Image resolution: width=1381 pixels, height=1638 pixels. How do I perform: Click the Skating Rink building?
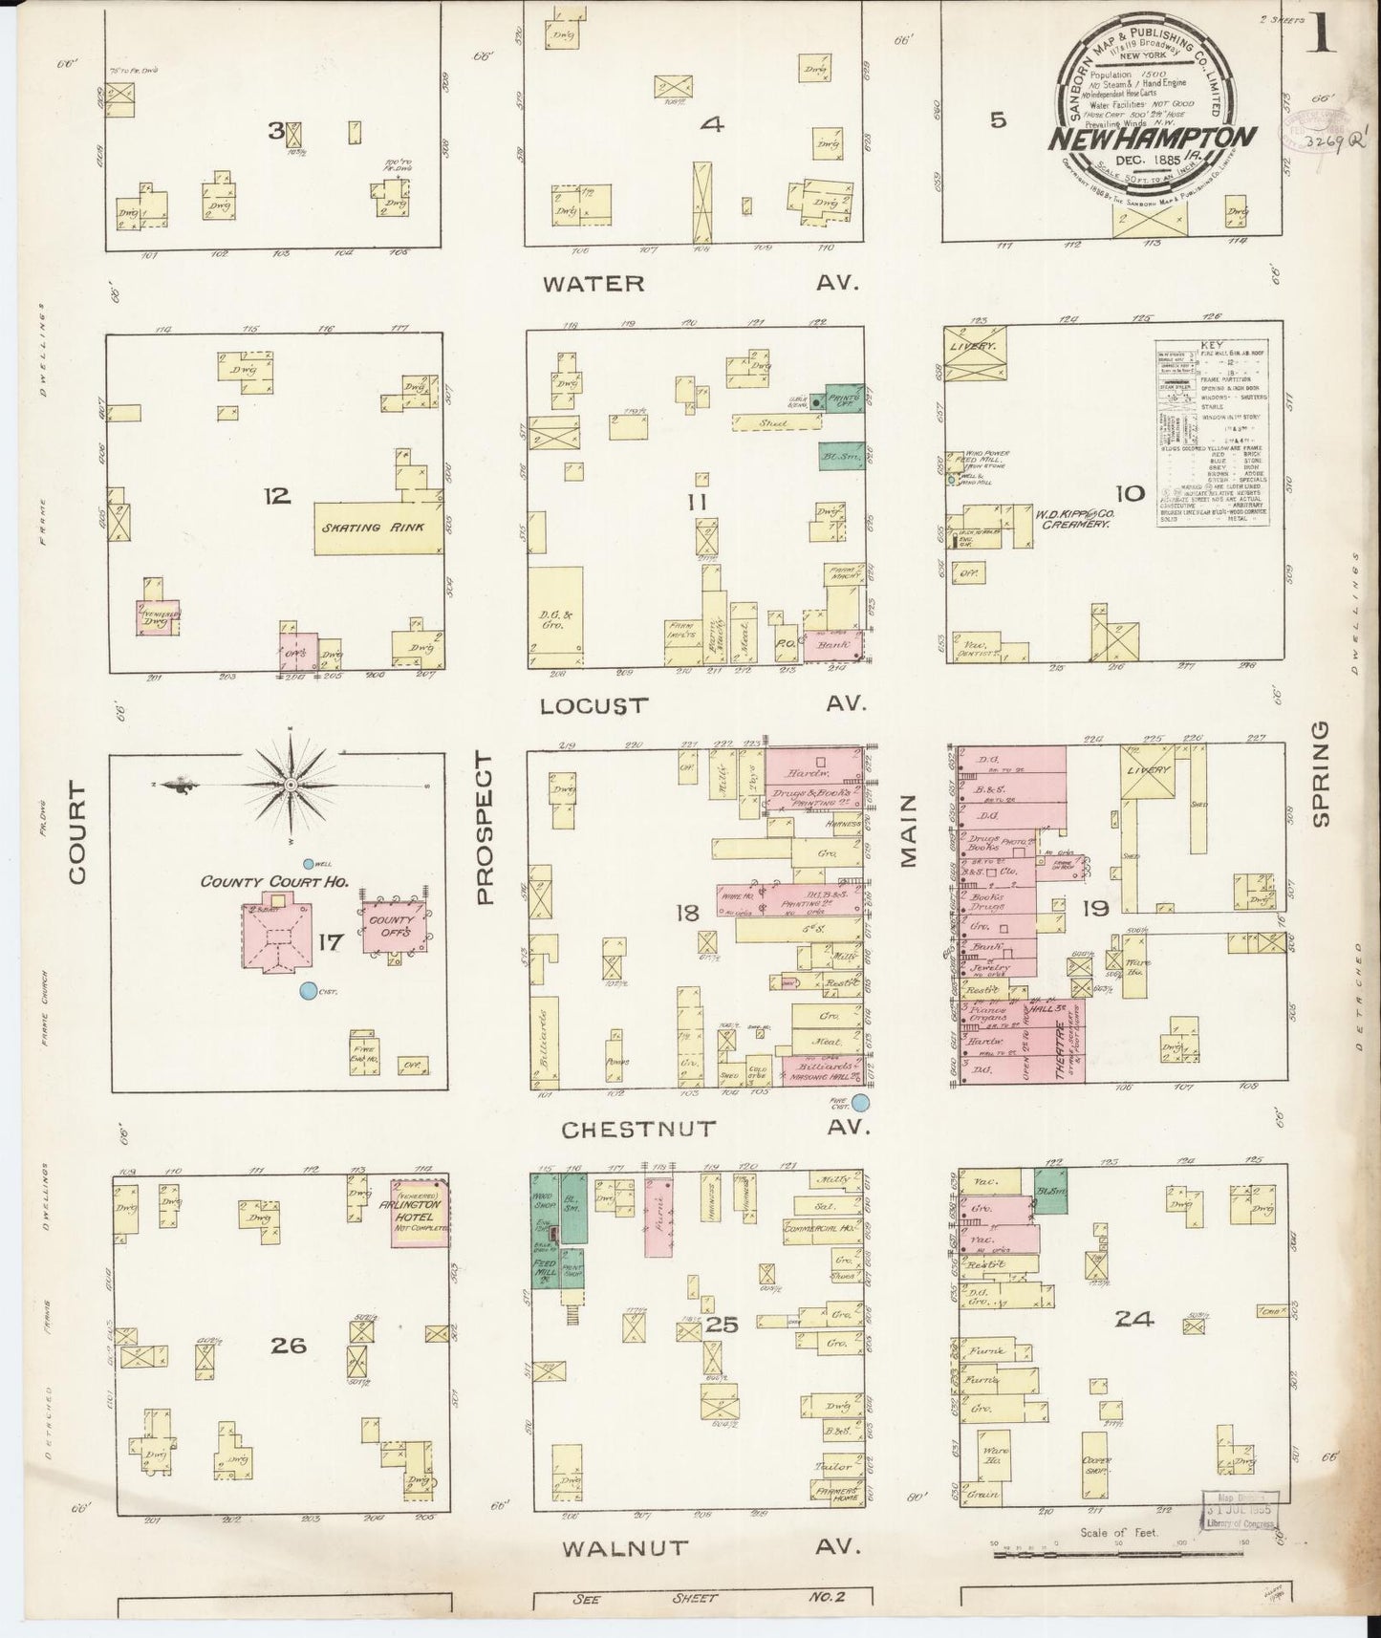coord(378,528)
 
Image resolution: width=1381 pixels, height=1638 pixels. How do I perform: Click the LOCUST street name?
coord(593,706)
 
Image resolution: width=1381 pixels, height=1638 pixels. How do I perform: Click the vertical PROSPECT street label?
coord(485,828)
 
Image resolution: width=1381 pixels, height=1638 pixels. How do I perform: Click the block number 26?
coord(288,1346)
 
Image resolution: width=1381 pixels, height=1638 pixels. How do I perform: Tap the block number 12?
coord(277,495)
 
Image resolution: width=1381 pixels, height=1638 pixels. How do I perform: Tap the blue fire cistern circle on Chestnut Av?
coord(861,1103)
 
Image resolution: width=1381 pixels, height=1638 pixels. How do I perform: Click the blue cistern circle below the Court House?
coord(308,992)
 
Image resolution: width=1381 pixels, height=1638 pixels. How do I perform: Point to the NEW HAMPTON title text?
coord(1153,137)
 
